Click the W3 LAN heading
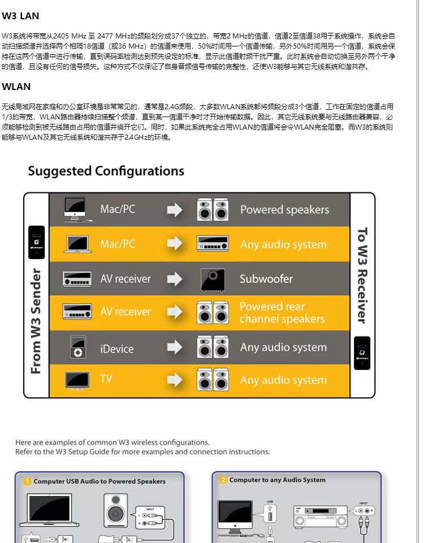(x=21, y=16)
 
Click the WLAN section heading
(x=16, y=87)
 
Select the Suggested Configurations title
(x=106, y=171)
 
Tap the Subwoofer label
(x=266, y=279)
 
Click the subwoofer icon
(x=213, y=279)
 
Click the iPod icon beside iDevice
(x=77, y=347)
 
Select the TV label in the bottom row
(x=106, y=379)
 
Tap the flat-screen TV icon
(x=77, y=380)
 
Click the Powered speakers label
(x=284, y=210)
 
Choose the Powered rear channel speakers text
(x=282, y=313)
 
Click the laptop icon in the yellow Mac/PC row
(x=78, y=244)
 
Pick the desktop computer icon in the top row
(x=75, y=209)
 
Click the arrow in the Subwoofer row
(x=175, y=279)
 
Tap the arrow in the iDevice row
(x=175, y=347)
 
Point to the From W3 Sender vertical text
(x=36, y=321)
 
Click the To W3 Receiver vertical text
(x=362, y=275)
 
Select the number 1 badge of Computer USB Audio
(x=27, y=481)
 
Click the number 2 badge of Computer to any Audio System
(x=223, y=480)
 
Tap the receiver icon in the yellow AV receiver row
(x=77, y=312)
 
